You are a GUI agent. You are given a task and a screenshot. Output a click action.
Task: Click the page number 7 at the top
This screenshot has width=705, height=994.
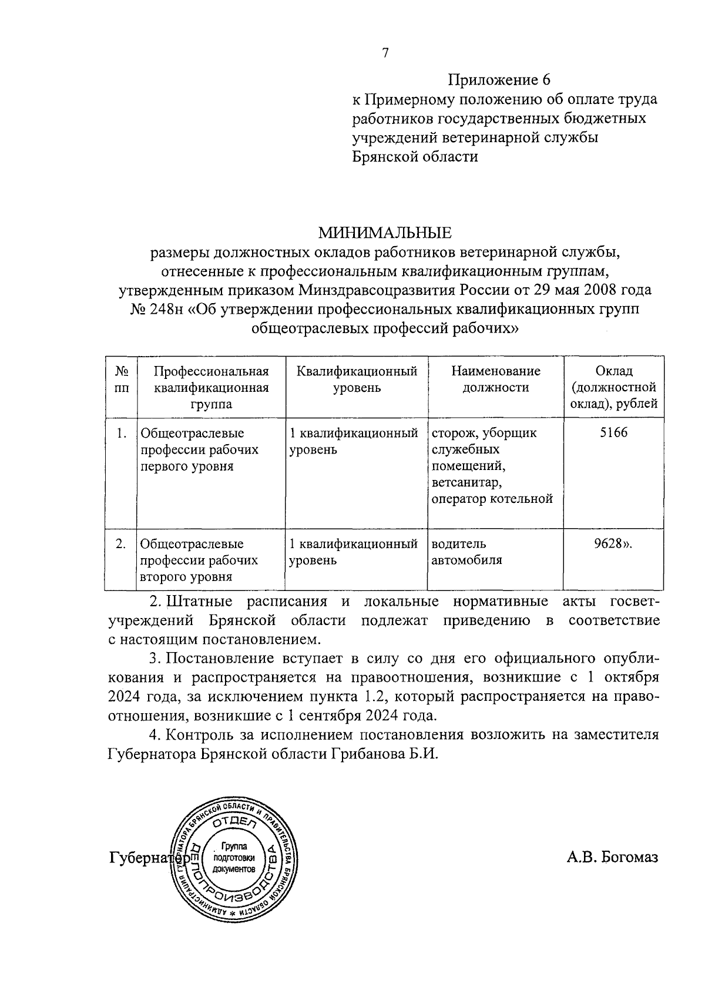pyautogui.click(x=385, y=53)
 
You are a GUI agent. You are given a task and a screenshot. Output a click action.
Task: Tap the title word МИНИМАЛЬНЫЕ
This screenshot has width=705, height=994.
pyautogui.click(x=385, y=233)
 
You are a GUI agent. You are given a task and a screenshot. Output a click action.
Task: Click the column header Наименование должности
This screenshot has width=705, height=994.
pyautogui.click(x=495, y=380)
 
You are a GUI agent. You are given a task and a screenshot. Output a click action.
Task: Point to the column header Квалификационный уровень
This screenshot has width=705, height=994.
pyautogui.click(x=357, y=380)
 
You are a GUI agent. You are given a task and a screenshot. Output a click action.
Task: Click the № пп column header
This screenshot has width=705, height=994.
pyautogui.click(x=122, y=380)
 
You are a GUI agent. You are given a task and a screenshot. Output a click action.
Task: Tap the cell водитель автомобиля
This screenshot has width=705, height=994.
pyautogui.click(x=466, y=552)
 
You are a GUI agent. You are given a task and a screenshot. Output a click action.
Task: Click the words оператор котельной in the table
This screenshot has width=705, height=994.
pyautogui.click(x=492, y=499)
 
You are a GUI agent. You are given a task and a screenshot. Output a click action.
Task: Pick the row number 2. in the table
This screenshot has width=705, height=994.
pyautogui.click(x=121, y=544)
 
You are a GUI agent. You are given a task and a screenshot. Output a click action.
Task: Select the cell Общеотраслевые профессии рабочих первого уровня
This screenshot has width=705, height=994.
pyautogui.click(x=199, y=449)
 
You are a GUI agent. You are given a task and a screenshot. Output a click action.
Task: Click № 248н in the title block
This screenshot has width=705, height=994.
pyautogui.click(x=157, y=310)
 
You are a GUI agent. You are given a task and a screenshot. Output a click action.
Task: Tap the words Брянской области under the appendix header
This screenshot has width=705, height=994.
pyautogui.click(x=414, y=157)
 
